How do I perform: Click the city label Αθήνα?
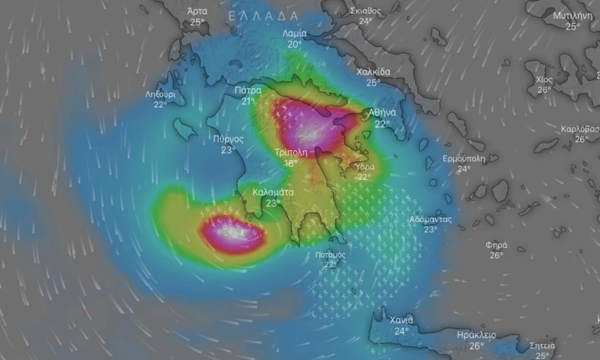[x=382, y=112]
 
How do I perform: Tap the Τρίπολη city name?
[x=291, y=152]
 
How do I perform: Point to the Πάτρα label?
[x=248, y=91]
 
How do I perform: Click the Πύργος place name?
[x=228, y=139]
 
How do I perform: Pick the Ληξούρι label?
[x=160, y=94]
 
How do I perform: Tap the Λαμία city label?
[x=295, y=34]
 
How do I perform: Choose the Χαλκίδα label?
[x=373, y=72]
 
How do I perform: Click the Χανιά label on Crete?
[x=401, y=320]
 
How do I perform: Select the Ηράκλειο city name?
[x=476, y=335]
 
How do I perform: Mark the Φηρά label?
[x=496, y=245]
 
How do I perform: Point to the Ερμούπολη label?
[x=463, y=159]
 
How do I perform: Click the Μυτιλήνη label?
[x=573, y=16]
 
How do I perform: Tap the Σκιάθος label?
[x=365, y=11]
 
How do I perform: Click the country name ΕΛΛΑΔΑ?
[x=263, y=16]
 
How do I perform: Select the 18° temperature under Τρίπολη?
[x=291, y=163]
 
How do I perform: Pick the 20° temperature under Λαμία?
[x=295, y=44]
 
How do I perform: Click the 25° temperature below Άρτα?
[x=197, y=22]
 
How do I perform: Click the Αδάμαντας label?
[x=431, y=219]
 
